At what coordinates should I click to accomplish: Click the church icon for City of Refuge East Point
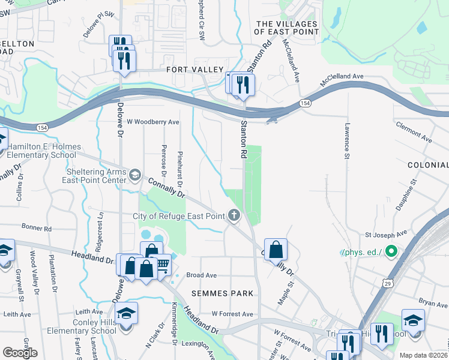(234, 215)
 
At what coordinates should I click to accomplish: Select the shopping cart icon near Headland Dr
(162, 263)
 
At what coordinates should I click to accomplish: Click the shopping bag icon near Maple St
(276, 249)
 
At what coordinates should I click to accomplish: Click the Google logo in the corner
(20, 353)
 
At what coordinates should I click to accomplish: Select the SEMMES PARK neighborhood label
(222, 293)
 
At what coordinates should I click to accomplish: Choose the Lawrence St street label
(347, 141)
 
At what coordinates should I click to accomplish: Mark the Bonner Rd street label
(37, 228)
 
